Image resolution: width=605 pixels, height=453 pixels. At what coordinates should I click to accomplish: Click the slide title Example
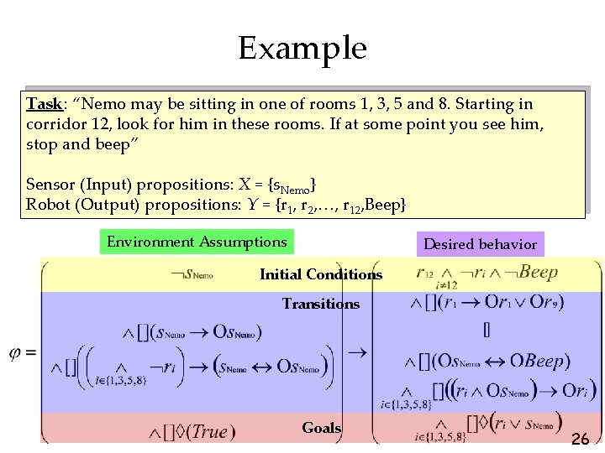click(302, 48)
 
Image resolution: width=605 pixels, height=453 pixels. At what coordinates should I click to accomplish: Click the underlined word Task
click(44, 104)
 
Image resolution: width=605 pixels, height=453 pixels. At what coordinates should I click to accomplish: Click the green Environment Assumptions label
click(197, 242)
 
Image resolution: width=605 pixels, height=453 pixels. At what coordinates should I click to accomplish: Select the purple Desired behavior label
click(480, 244)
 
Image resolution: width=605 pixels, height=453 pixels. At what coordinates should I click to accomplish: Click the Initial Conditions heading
click(321, 274)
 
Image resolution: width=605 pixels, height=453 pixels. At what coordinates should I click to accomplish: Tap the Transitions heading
click(320, 304)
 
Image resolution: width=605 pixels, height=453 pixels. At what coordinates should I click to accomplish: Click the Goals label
click(322, 428)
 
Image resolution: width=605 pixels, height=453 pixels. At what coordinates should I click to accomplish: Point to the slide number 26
click(580, 438)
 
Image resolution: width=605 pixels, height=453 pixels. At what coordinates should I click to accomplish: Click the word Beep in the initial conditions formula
click(538, 272)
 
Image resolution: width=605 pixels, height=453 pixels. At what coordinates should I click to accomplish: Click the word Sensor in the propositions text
click(51, 184)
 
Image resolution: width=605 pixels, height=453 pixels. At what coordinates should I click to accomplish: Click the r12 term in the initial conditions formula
click(425, 273)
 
